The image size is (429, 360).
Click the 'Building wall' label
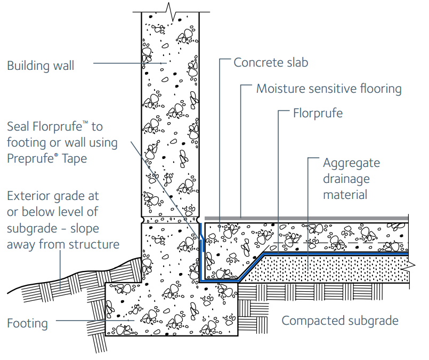click(x=41, y=66)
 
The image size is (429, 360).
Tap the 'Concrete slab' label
click(x=271, y=62)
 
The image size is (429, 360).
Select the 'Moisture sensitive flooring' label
click(x=329, y=88)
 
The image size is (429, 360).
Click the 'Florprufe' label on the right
click(x=318, y=114)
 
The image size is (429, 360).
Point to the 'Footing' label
click(x=27, y=323)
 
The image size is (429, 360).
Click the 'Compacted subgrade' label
click(x=340, y=321)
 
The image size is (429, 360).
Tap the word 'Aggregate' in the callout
click(x=351, y=163)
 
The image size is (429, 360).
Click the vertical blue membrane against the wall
click(x=201, y=251)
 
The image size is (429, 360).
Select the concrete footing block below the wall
click(x=171, y=309)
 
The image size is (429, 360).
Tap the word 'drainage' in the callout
click(x=346, y=179)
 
